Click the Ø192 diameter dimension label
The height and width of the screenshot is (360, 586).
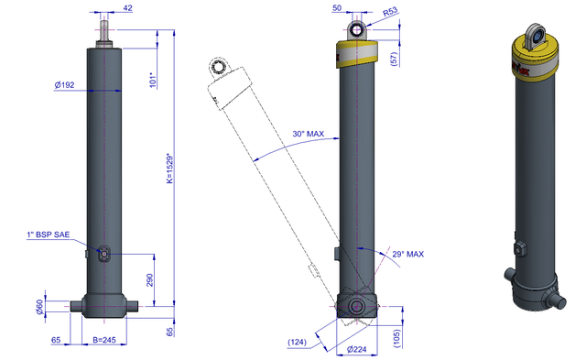tap(64, 85)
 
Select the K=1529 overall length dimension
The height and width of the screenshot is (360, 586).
tap(170, 169)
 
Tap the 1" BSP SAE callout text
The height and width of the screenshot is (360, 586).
tap(49, 235)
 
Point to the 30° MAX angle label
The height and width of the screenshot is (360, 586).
tap(309, 134)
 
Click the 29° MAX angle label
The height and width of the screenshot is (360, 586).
tap(408, 255)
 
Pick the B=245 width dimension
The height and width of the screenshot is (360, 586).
tap(104, 340)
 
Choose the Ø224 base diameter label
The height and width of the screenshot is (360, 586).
tap(356, 349)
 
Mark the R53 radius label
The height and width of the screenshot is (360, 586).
tap(390, 12)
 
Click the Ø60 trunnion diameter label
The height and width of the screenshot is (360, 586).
tap(39, 307)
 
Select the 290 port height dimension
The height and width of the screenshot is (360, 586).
tap(149, 280)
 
